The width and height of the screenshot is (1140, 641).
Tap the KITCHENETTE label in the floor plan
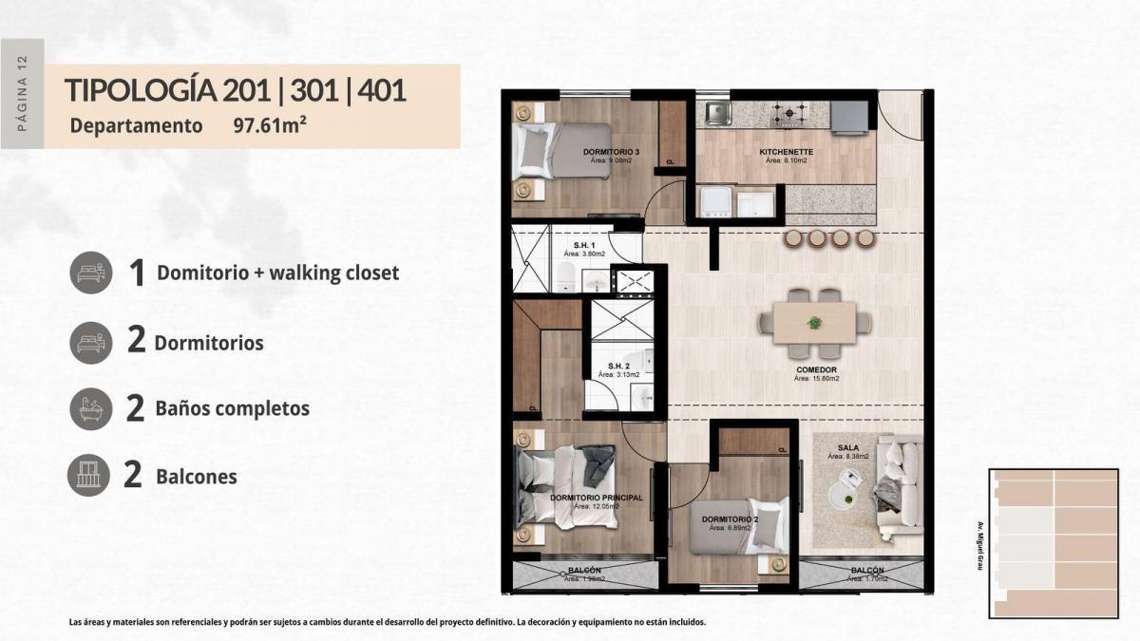coord(786,152)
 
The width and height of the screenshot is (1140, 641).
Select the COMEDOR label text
coord(816,369)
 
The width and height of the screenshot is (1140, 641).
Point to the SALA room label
coord(848,447)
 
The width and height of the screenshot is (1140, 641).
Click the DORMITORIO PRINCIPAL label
coord(597,498)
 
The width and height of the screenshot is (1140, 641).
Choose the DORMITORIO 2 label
coord(729,519)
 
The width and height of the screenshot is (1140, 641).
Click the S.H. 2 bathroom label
coord(619,366)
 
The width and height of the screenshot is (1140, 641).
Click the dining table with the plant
coord(814,323)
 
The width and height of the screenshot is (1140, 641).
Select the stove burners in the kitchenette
coord(789,115)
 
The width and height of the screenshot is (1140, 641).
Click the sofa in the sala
coord(899,484)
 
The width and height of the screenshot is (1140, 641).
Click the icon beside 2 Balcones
coord(89,476)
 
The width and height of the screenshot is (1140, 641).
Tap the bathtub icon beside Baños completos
coord(91,409)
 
